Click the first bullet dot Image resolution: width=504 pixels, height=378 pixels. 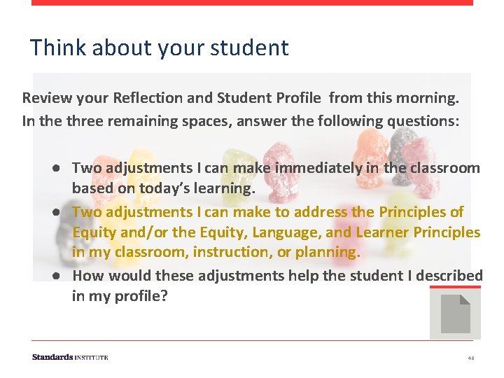coord(55,168)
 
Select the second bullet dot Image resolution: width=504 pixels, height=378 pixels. coord(55,211)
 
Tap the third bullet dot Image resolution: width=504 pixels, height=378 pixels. coord(55,276)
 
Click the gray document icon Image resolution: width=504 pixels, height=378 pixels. coord(455,314)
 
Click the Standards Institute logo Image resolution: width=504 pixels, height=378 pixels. coord(70,357)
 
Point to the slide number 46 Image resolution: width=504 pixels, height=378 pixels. coord(471,358)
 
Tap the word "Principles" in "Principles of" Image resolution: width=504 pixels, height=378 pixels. coord(412,211)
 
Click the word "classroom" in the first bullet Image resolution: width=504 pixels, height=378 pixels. coord(448,168)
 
